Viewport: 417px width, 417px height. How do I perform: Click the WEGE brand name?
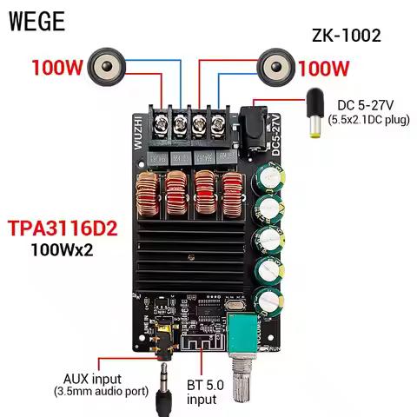click(x=36, y=22)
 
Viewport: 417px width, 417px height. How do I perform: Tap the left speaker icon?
click(x=108, y=65)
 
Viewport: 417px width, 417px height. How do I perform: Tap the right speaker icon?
click(x=275, y=65)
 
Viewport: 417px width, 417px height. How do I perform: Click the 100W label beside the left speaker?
click(x=58, y=67)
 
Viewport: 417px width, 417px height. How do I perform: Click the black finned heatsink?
click(x=195, y=252)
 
